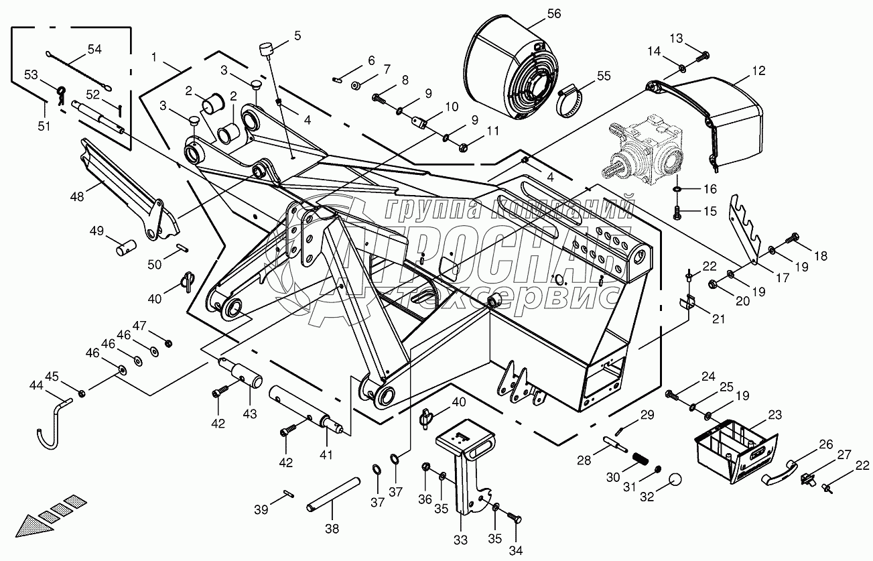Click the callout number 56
555,13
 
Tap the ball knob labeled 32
675,481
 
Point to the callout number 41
326,454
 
